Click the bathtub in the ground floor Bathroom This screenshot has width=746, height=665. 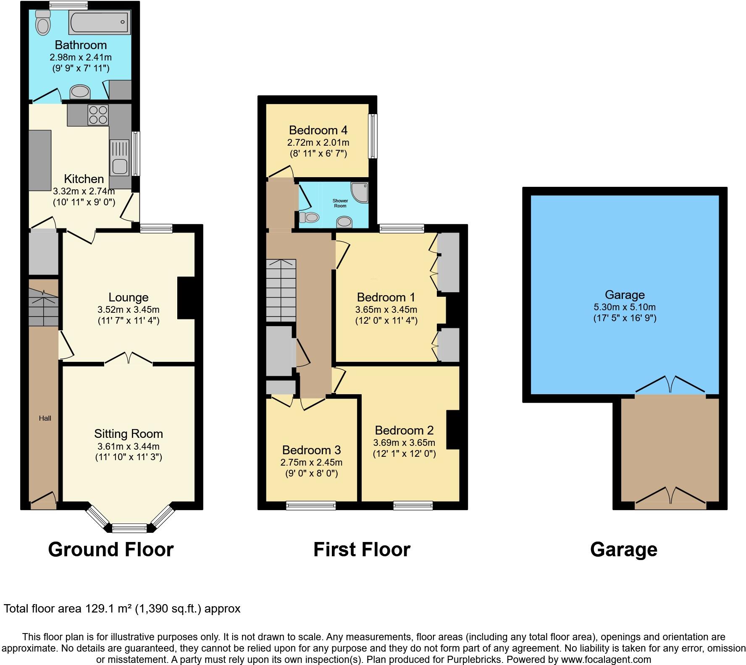100,22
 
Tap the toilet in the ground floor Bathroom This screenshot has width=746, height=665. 42,23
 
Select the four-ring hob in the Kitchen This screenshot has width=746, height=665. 98,115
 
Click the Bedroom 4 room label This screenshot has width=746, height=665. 318,130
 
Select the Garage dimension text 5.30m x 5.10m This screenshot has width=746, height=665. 625,307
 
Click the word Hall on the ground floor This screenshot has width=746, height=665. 45,418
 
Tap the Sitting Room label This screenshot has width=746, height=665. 128,434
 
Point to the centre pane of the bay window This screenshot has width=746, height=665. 130,528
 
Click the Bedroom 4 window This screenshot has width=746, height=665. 373,136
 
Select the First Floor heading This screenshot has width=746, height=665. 362,550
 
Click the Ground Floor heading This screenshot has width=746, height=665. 111,550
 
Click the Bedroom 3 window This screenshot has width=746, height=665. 311,506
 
